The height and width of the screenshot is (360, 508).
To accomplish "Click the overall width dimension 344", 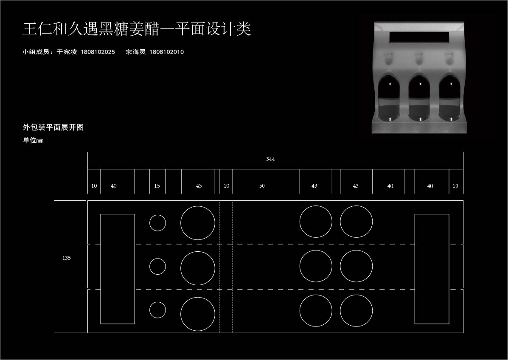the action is [x=270, y=159].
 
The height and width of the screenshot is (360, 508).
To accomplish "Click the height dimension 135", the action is [x=66, y=258].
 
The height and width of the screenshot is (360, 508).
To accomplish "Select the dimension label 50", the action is [x=262, y=186].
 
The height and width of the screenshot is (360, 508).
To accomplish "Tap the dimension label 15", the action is [x=157, y=186].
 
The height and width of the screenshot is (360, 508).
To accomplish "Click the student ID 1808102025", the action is [x=98, y=52].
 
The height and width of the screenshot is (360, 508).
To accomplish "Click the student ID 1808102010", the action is [x=166, y=52].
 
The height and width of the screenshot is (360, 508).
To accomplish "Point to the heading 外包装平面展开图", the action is [x=53, y=127].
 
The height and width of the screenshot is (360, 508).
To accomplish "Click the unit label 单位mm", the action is [x=33, y=141].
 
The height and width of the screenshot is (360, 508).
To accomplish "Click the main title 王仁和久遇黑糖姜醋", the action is [x=91, y=29].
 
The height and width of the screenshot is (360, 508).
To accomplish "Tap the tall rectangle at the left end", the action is [x=101, y=269].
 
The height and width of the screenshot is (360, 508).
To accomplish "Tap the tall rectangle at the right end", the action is [x=415, y=269].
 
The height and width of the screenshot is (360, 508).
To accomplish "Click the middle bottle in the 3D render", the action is [x=420, y=98].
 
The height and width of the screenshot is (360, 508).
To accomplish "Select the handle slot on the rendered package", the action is [x=419, y=37].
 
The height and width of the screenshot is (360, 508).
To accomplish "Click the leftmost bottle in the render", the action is [x=390, y=98].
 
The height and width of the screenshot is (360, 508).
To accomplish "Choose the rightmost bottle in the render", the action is [x=450, y=98].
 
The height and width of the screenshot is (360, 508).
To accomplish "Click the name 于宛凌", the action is [x=67, y=52].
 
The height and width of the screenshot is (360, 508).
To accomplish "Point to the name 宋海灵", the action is [x=136, y=52].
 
